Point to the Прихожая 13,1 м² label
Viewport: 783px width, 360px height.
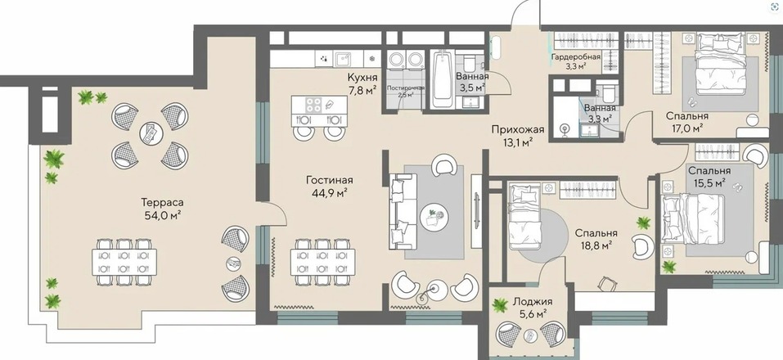[517, 136]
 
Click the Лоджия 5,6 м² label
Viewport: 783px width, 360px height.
[533, 307]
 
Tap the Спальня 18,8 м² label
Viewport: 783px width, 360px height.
[596, 239]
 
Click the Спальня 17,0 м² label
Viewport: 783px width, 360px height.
[687, 121]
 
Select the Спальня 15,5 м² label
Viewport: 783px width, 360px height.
[707, 177]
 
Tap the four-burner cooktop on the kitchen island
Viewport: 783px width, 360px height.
[313, 105]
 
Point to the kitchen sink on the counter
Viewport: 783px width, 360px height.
[343, 58]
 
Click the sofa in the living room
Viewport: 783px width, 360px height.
[403, 211]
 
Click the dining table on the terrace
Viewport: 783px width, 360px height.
[124, 262]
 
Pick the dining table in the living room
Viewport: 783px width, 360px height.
[322, 262]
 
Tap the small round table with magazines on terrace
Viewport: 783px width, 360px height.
[151, 133]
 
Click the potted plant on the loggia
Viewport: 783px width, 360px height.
[499, 305]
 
